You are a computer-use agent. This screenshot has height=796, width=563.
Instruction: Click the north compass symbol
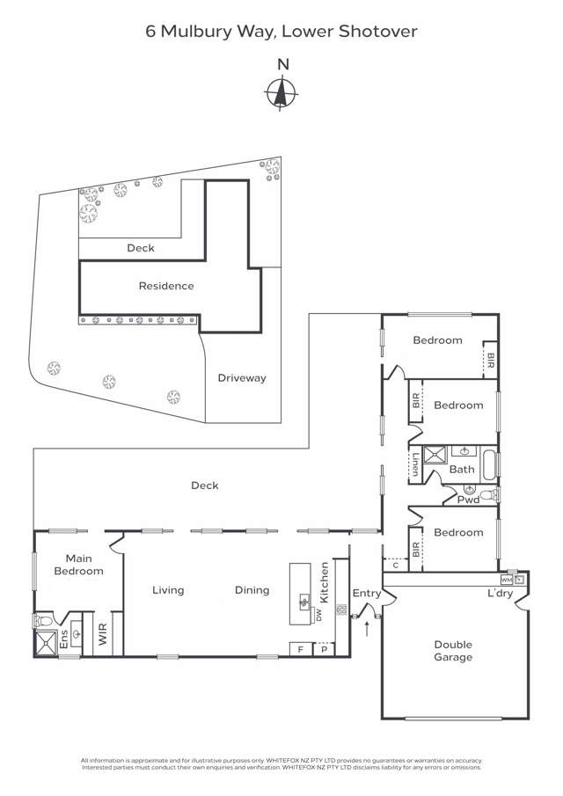pyautogui.click(x=281, y=91)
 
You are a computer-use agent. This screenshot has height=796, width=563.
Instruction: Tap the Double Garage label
pyautogui.click(x=453, y=651)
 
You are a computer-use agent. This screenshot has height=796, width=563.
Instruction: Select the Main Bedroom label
pyautogui.click(x=84, y=565)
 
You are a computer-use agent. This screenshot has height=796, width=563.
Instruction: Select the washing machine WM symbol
pyautogui.click(x=506, y=581)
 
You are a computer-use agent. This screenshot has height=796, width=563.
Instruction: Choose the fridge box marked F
pyautogui.click(x=301, y=649)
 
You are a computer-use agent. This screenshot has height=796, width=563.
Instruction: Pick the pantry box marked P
pyautogui.click(x=324, y=649)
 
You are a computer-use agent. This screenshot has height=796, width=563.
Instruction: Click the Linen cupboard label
pyautogui.click(x=413, y=464)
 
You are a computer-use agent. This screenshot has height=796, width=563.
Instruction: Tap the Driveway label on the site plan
pyautogui.click(x=242, y=378)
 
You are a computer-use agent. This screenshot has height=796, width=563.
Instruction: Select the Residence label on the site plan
pyautogui.click(x=166, y=286)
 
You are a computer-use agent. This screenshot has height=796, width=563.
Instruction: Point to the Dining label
pyautogui.click(x=252, y=590)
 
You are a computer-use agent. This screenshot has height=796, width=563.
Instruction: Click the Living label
pyautogui.click(x=167, y=590)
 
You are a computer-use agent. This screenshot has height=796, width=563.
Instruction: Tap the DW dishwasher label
pyautogui.click(x=319, y=614)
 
